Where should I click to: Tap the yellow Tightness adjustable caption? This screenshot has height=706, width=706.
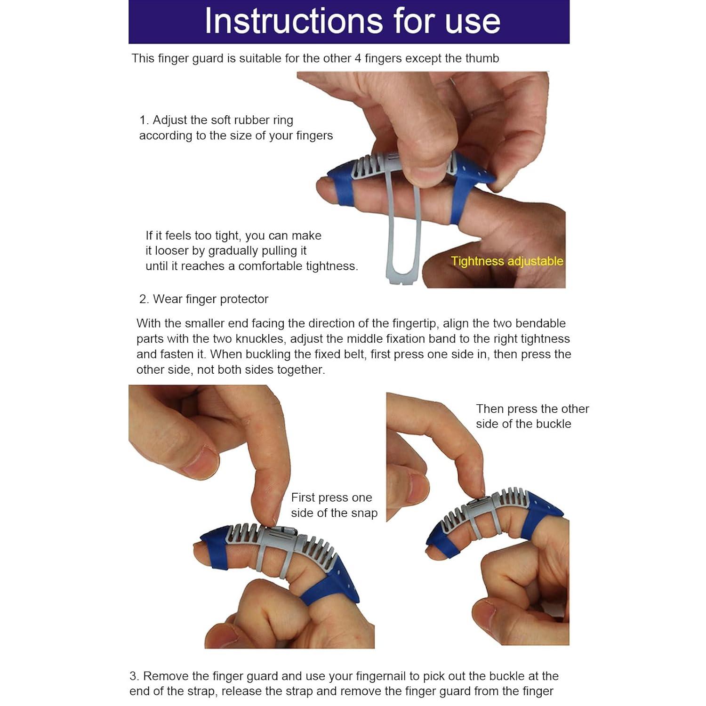[x=507, y=261]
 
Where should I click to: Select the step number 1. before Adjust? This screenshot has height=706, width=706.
[x=144, y=120]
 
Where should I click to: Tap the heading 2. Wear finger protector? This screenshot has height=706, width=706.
[x=204, y=299]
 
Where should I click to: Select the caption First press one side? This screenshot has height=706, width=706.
[x=334, y=505]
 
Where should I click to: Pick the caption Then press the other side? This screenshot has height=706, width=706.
[x=532, y=416]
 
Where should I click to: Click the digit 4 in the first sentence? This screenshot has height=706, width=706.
[x=357, y=58]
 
